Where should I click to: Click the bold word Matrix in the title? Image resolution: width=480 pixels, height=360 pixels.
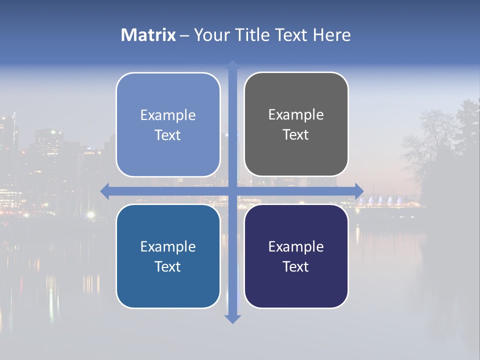coord(148,35)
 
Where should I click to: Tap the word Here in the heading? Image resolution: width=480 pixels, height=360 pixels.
coord(331,35)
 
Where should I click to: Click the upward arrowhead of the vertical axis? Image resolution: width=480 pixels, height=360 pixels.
coord(232,65)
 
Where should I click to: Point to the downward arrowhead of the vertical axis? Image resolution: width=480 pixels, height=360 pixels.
coord(232,318)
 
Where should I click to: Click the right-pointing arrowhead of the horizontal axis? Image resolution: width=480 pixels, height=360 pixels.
coord(358,191)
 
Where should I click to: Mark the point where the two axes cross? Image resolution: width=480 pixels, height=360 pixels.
coord(232,191)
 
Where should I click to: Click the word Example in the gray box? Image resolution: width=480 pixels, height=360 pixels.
coord(296,115)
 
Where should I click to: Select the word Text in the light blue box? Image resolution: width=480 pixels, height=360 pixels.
coord(168,135)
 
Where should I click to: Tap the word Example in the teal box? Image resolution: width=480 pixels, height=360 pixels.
coord(168,246)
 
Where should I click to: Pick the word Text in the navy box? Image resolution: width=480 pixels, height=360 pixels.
coord(296,267)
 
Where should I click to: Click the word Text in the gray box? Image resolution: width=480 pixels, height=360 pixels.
coord(296,135)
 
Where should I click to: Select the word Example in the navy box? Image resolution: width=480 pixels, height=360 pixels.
coord(296,246)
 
